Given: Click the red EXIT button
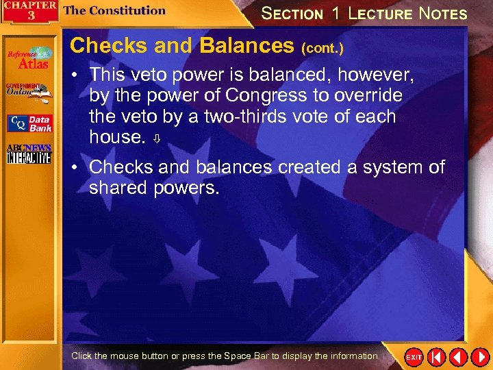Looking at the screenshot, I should [x=414, y=357].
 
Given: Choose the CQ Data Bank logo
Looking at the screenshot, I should [x=29, y=123].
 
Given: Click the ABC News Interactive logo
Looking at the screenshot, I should [x=29, y=155].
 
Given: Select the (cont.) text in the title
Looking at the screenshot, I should [x=323, y=49].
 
